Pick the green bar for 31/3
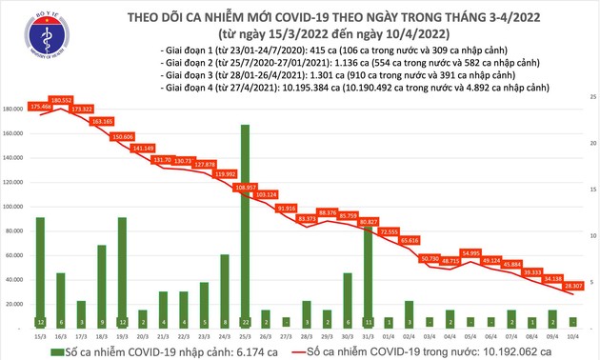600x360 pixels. coord(368,276)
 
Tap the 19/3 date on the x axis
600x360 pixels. coord(122,335)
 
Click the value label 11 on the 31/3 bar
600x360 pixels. coord(368,322)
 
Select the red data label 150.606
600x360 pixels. coord(123,136)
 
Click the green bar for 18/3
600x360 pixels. coord(102,286)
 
